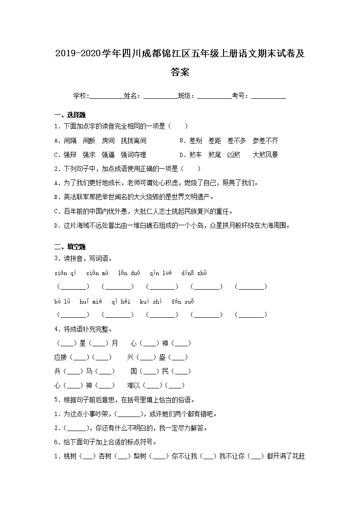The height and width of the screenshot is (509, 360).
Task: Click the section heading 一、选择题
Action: click(70, 114)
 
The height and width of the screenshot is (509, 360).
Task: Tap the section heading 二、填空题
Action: click(70, 247)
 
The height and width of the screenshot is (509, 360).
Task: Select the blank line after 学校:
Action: click(107, 97)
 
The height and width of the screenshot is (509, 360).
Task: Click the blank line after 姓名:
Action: click(160, 97)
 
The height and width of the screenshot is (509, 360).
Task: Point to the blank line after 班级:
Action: click(214, 97)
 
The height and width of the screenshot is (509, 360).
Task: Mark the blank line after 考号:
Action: click(268, 97)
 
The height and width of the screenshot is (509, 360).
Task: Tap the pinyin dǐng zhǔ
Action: click(194, 273)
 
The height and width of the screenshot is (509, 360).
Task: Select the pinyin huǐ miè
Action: click(90, 301)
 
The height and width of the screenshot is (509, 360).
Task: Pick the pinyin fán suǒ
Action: click(183, 301)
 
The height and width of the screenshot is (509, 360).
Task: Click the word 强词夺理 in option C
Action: click(133, 155)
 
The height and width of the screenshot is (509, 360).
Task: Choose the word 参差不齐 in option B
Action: click(265, 141)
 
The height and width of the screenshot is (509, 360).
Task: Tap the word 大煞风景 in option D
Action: click(265, 155)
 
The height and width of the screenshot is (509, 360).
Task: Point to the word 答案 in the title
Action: click(180, 72)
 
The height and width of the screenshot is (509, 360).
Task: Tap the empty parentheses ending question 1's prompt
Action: click(179, 126)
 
